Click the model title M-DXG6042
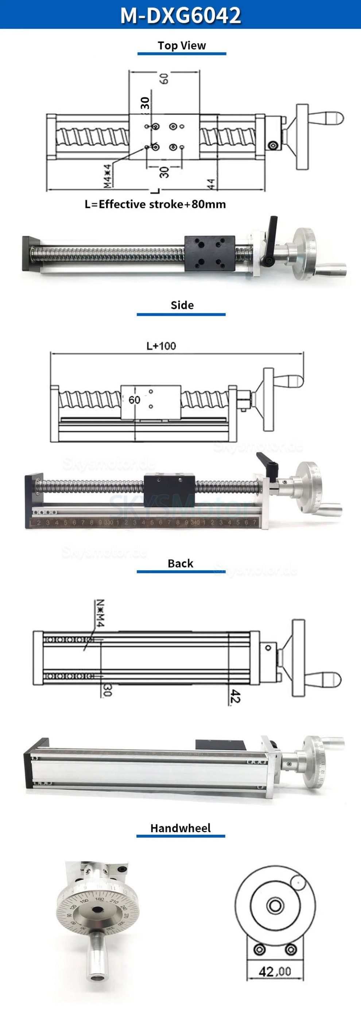click(180, 15)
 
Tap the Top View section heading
click(182, 46)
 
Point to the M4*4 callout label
click(107, 176)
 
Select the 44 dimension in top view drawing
click(211, 184)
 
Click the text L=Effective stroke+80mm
click(155, 204)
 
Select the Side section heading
click(182, 305)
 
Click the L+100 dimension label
click(161, 346)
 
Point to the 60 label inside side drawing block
click(135, 400)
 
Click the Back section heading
click(180, 563)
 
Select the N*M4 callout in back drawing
click(100, 613)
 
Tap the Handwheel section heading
click(180, 828)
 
